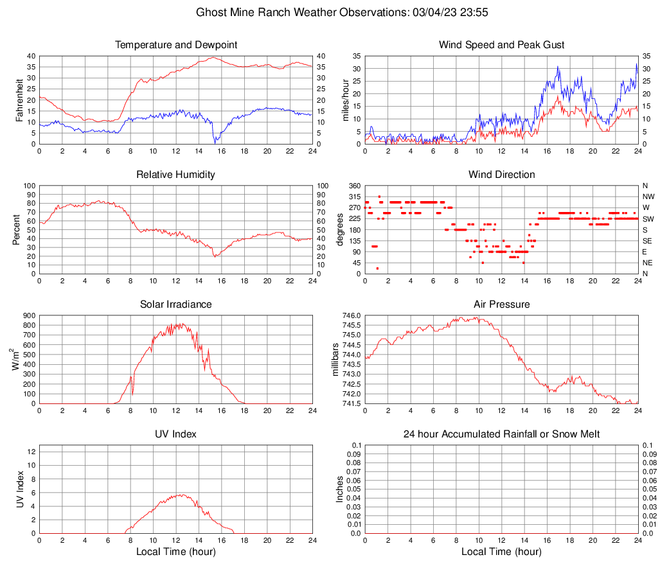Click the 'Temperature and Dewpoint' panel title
coord(176,45)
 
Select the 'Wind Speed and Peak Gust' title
coord(501,45)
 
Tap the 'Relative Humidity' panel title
coord(176,175)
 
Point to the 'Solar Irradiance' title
coord(176,304)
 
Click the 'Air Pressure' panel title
coord(501,304)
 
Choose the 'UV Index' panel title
coord(176,434)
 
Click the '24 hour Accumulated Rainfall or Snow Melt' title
coord(501,434)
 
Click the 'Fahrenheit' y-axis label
coord(19,100)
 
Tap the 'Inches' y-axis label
coord(340,489)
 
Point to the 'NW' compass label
coord(648,197)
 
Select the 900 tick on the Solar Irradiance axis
coord(28,315)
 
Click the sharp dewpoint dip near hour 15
coord(215,142)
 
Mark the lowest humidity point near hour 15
coord(215,256)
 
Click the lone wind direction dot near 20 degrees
coord(377,269)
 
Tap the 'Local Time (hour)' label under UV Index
coord(176,551)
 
